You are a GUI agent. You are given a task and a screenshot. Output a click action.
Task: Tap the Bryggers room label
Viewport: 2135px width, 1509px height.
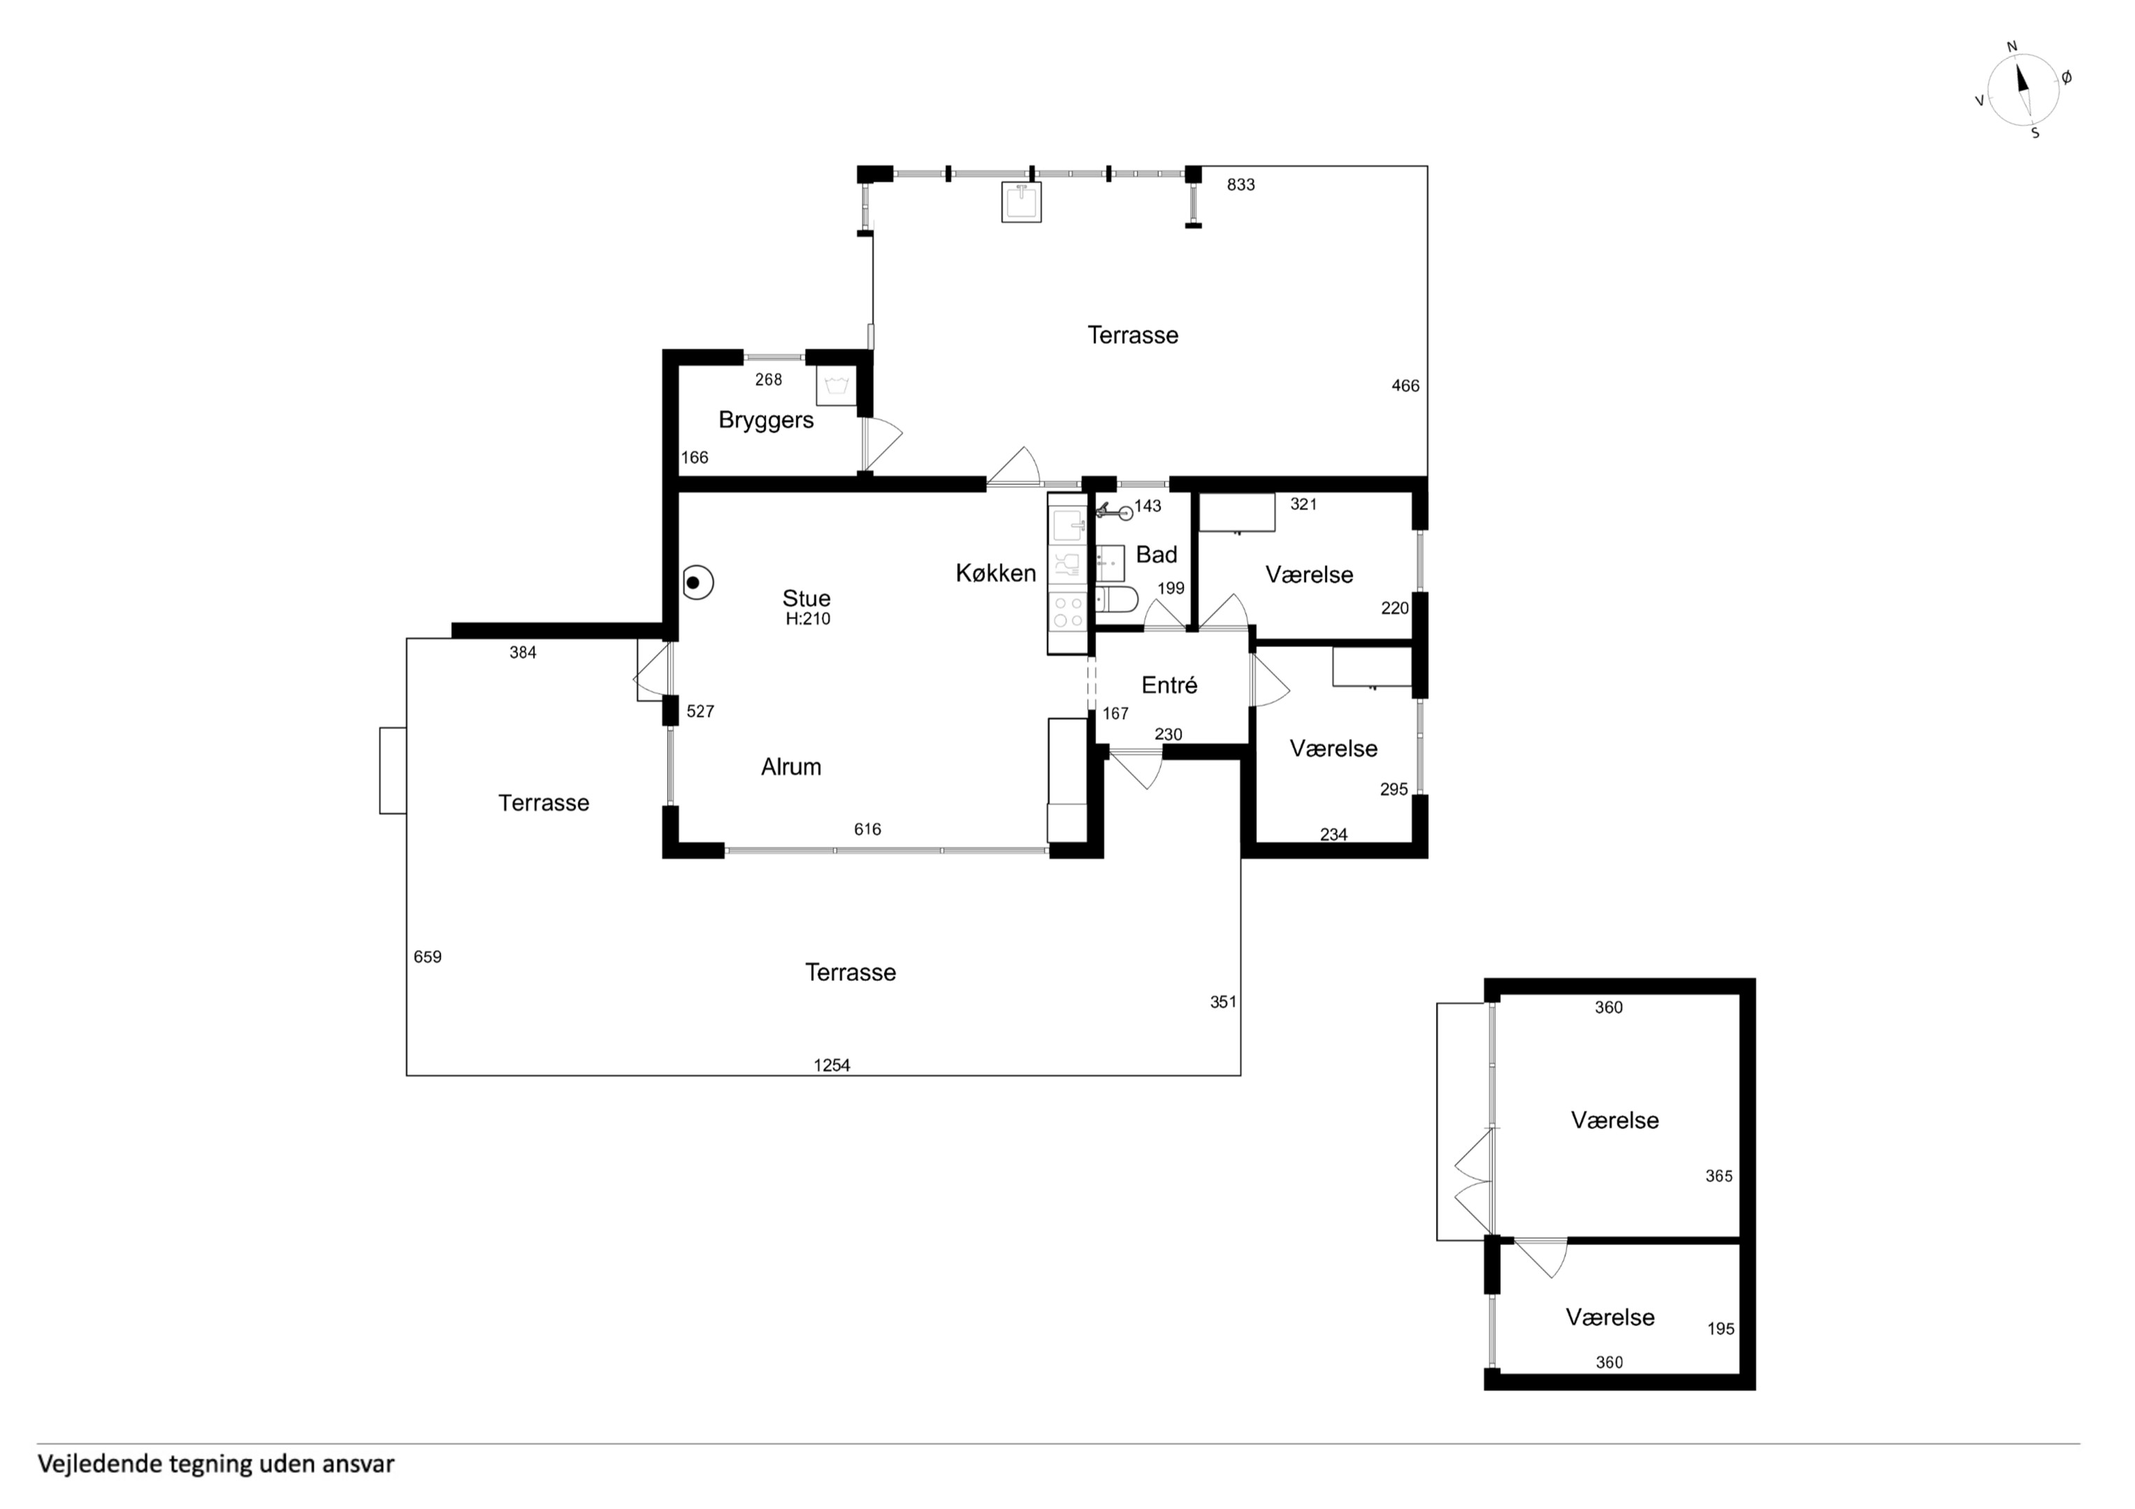click(766, 421)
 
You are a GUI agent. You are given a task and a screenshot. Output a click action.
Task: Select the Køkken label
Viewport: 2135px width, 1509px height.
click(996, 573)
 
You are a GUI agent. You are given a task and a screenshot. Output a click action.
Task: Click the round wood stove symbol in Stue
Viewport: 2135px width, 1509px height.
click(697, 583)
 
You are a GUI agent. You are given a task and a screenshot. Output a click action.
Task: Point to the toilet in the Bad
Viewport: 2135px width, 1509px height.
click(1116, 601)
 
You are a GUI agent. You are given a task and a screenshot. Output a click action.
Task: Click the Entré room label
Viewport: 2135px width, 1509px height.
click(1169, 685)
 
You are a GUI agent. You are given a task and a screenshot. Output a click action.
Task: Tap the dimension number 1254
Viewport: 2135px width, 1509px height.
click(832, 1065)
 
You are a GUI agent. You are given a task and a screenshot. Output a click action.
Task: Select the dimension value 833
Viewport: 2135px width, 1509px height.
click(1240, 185)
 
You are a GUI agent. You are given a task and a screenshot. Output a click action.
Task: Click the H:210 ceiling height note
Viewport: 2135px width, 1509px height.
click(808, 619)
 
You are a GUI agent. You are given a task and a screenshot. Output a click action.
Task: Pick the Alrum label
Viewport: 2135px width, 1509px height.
click(791, 767)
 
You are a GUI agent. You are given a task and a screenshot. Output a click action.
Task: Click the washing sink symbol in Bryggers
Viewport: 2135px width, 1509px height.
click(836, 386)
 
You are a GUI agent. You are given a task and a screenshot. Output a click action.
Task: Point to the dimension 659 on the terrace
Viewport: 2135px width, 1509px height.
click(428, 956)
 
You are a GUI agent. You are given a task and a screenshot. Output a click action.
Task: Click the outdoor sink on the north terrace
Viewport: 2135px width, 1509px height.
click(1021, 202)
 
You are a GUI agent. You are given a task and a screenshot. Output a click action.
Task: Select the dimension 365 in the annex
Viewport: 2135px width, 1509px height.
click(1719, 1176)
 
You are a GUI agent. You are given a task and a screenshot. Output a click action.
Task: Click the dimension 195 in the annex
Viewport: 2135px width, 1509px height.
click(1721, 1329)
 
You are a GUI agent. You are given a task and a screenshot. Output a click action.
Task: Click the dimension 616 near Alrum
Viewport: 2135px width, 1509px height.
click(867, 829)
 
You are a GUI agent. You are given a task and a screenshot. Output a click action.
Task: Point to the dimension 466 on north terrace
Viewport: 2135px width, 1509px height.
click(1405, 386)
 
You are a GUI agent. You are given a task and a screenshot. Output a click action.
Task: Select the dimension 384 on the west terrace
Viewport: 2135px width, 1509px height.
click(523, 653)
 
